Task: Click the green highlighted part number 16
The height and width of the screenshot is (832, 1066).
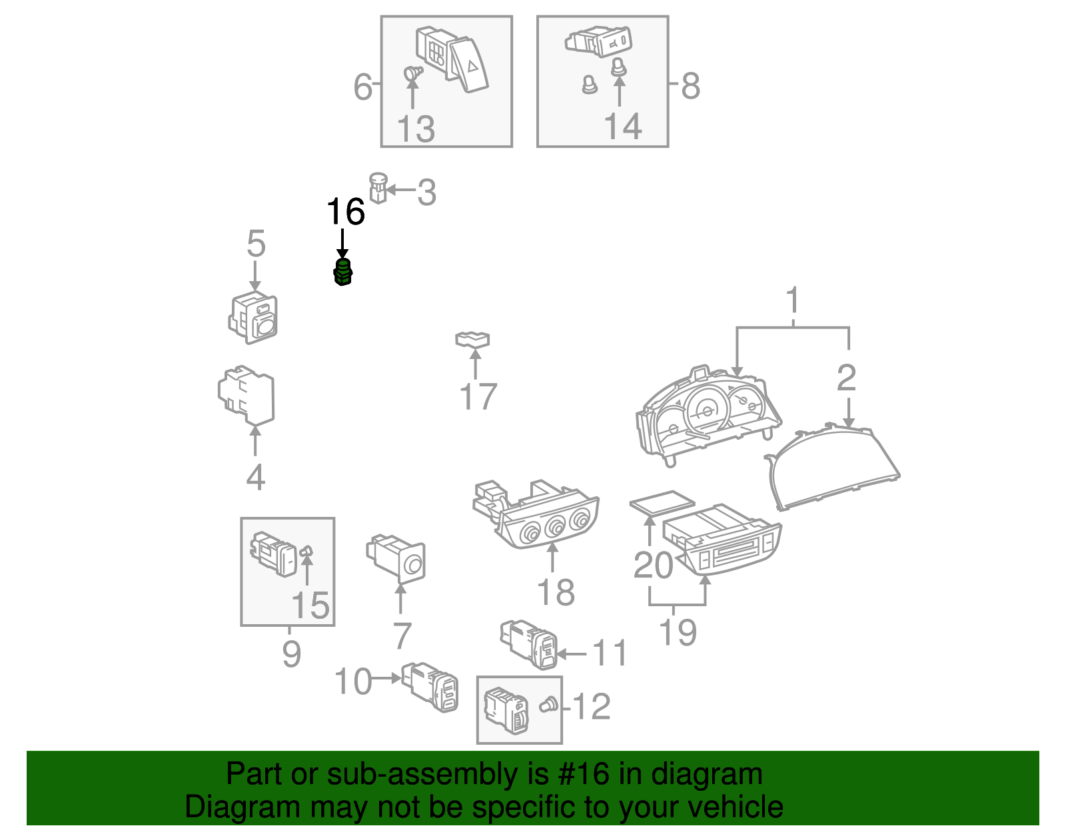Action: pyautogui.click(x=342, y=272)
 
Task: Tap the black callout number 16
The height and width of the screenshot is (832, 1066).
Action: pyautogui.click(x=346, y=212)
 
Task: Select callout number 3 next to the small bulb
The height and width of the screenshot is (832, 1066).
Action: pyautogui.click(x=426, y=193)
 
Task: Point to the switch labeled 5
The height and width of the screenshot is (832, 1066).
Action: pyautogui.click(x=253, y=318)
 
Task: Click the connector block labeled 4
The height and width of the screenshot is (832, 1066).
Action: pyautogui.click(x=247, y=394)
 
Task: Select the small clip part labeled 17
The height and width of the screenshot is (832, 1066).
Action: pyautogui.click(x=472, y=340)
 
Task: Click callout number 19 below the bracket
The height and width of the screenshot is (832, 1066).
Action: pyautogui.click(x=678, y=632)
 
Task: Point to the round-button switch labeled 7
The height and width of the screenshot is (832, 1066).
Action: pyautogui.click(x=398, y=557)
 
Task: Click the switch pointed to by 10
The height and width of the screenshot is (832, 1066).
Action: pyautogui.click(x=431, y=686)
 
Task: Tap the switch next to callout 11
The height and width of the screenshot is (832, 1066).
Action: pyautogui.click(x=530, y=643)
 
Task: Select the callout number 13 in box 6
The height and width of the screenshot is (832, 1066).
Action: pyautogui.click(x=416, y=129)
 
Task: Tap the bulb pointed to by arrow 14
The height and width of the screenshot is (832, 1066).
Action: pyautogui.click(x=619, y=67)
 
